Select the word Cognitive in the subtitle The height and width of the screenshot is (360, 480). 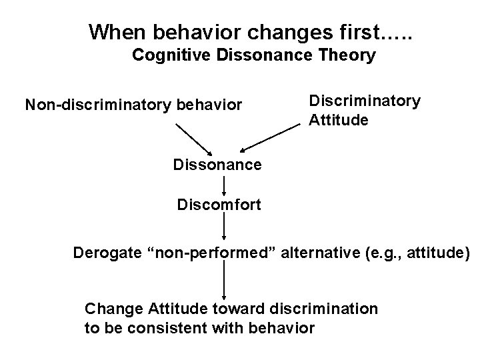point(168,55)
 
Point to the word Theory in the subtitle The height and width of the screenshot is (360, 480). point(350,55)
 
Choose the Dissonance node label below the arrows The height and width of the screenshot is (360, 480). point(217,164)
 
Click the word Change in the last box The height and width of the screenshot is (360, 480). point(109,309)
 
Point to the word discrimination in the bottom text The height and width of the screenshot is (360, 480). point(325,309)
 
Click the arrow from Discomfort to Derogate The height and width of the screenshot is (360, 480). point(224,227)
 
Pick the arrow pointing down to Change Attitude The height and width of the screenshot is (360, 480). point(224,280)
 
